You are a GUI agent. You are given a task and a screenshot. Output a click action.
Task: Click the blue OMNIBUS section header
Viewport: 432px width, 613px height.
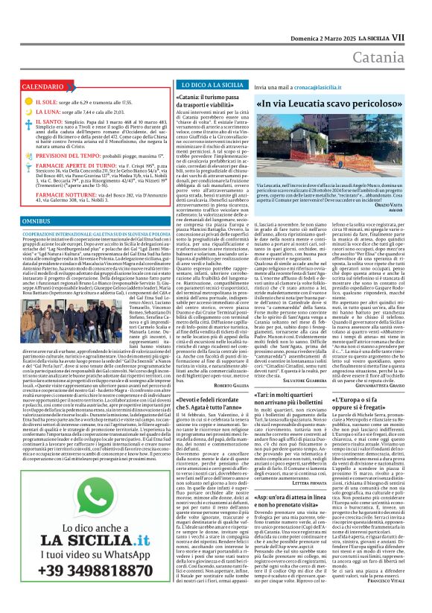(36, 222)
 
